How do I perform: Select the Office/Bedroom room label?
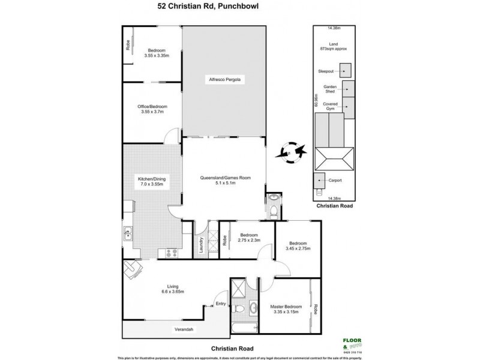point(151,110)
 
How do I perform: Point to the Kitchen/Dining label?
point(151,181)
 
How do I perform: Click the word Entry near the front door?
point(221,304)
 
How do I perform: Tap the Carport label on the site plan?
point(335,181)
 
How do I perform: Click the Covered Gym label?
point(331,106)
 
